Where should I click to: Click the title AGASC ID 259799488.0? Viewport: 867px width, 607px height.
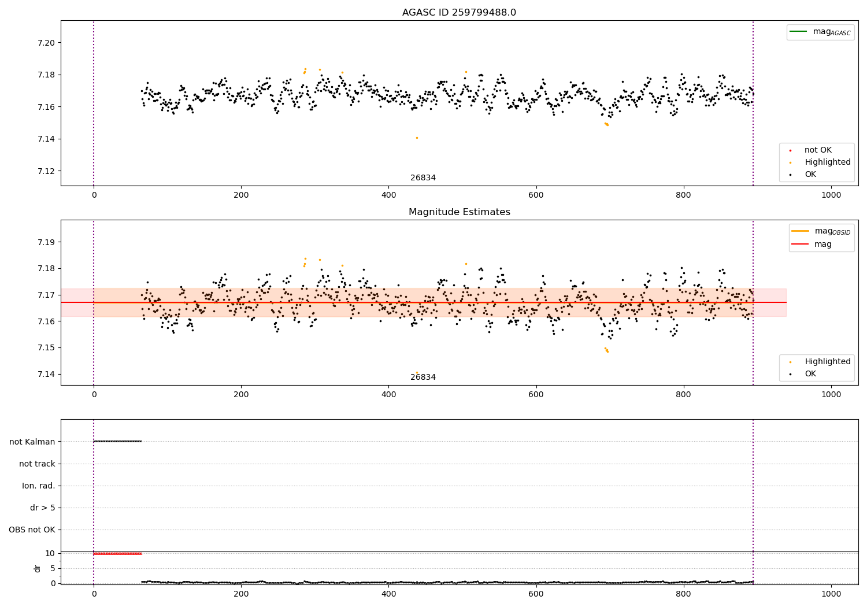coord(459,13)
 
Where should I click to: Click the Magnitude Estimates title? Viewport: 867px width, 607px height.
coord(459,212)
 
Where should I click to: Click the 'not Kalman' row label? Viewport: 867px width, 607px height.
coord(32,442)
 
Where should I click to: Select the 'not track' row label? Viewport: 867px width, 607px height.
coord(37,464)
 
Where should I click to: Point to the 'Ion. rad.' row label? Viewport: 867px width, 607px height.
coord(39,486)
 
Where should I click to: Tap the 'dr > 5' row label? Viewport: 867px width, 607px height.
coord(43,508)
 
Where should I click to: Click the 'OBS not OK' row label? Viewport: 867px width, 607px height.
coord(32,530)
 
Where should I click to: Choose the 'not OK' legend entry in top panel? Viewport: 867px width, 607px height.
coord(817,150)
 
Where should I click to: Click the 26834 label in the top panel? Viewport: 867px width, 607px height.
coord(423,178)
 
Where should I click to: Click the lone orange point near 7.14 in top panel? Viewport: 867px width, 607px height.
coord(417,138)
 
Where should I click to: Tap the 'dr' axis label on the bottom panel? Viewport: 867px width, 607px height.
coord(38,568)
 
